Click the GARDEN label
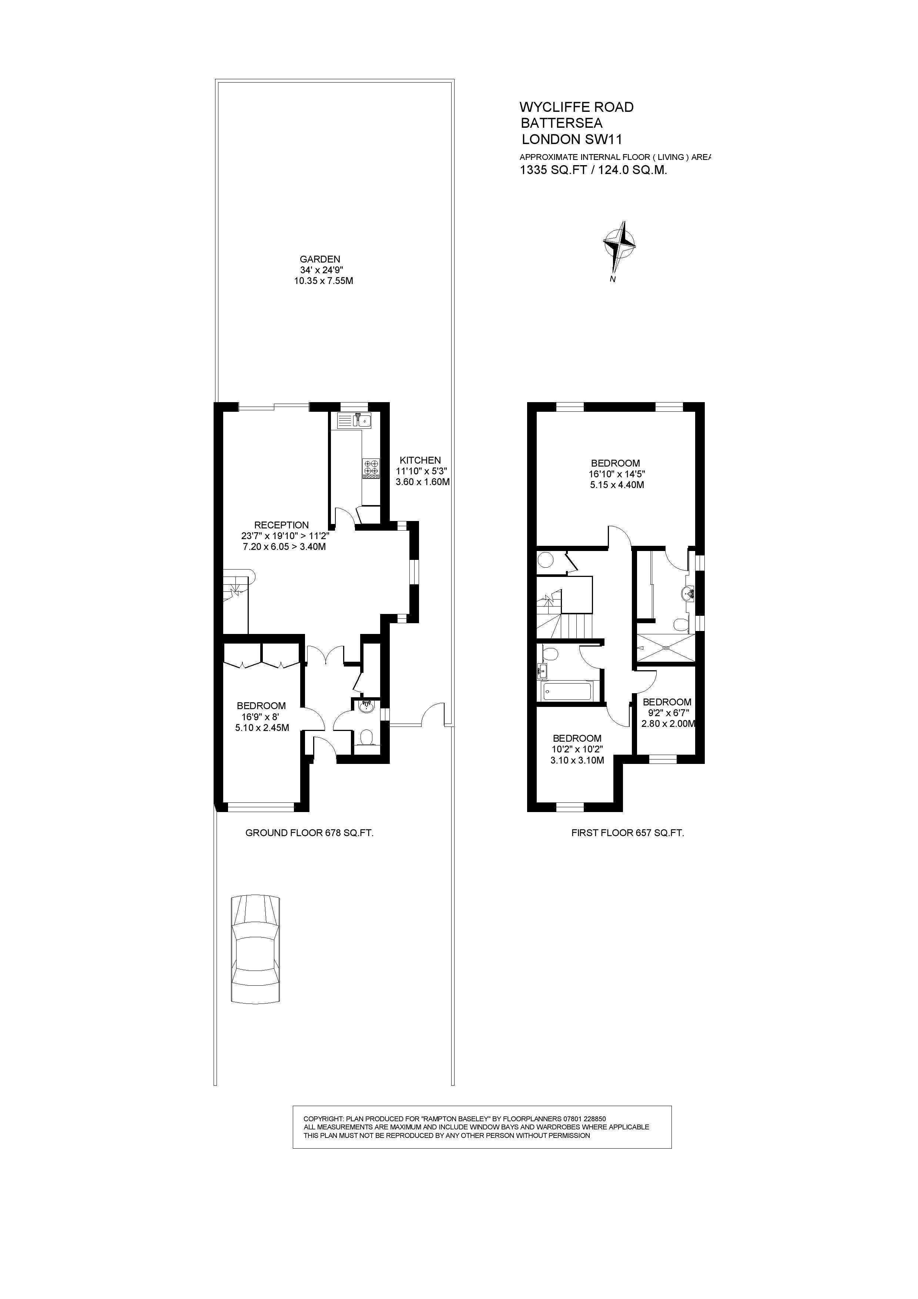(320, 259)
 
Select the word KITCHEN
(420, 460)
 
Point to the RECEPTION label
(282, 525)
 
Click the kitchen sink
(355, 420)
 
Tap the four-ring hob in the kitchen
(372, 469)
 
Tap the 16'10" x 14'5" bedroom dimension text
(617, 474)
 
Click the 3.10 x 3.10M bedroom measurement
(577, 760)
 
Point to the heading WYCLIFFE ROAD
(577, 107)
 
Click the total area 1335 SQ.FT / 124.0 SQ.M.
(594, 170)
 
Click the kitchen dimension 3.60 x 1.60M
(422, 482)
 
